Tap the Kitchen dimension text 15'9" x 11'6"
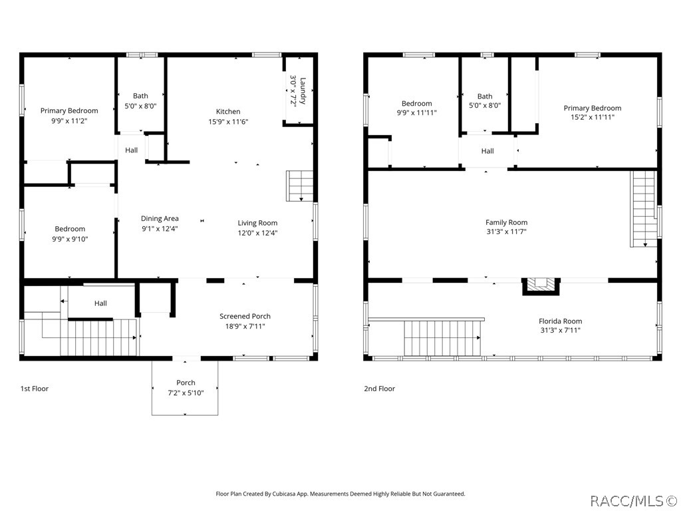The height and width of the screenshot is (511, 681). pyautogui.click(x=228, y=122)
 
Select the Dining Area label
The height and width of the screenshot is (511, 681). pyautogui.click(x=160, y=218)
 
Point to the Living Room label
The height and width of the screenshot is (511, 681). pyautogui.click(x=257, y=223)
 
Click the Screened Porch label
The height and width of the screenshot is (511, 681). pyautogui.click(x=245, y=316)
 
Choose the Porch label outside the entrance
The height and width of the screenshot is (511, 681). pyautogui.click(x=186, y=383)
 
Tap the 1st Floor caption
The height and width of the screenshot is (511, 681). pyautogui.click(x=34, y=389)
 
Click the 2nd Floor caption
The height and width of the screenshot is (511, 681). pyautogui.click(x=379, y=389)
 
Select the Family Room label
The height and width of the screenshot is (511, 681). pyautogui.click(x=506, y=223)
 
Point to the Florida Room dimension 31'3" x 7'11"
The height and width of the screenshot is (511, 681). pyautogui.click(x=560, y=329)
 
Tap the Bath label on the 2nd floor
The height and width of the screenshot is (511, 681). pyautogui.click(x=485, y=96)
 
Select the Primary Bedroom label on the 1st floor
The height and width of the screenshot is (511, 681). pyautogui.click(x=69, y=110)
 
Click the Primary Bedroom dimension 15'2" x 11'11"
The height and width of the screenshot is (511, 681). pyautogui.click(x=592, y=117)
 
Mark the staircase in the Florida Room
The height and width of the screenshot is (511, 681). pyautogui.click(x=442, y=337)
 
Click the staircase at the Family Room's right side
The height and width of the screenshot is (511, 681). pyautogui.click(x=644, y=208)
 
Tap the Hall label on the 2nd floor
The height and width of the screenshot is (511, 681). pyautogui.click(x=487, y=151)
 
